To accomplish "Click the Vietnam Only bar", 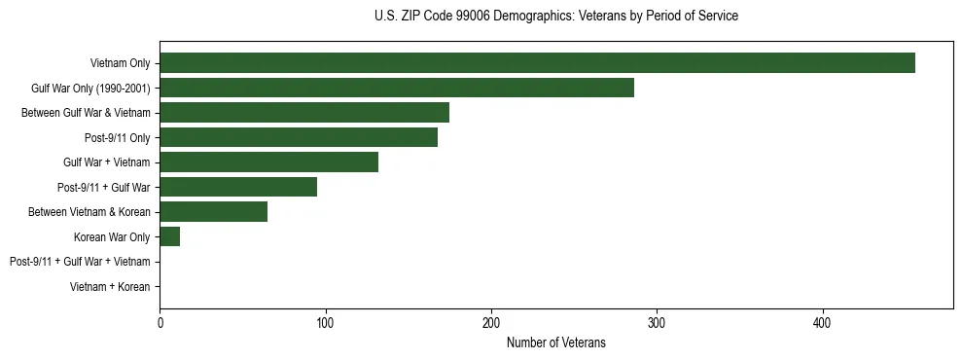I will point(537,63).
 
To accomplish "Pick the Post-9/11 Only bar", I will point(299,137).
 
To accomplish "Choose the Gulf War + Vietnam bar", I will point(268,162).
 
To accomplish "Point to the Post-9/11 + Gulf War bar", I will point(238,187).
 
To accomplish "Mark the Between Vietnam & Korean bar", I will point(213,212).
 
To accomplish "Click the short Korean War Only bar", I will point(169,236).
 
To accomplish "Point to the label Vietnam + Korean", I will point(110,287).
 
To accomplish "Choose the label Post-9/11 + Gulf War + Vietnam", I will point(80,262).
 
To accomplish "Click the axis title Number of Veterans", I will point(555,342).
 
